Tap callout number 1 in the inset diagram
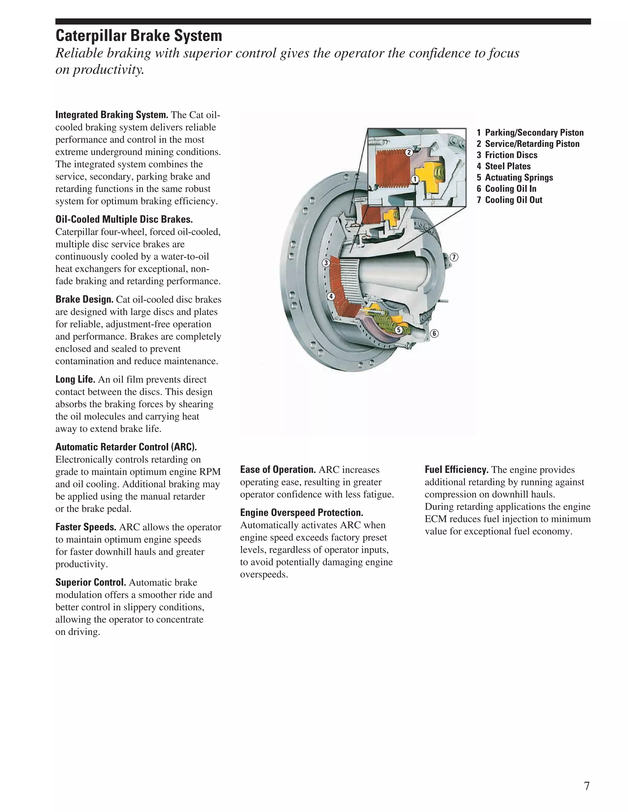[415, 180]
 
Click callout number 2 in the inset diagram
[409, 152]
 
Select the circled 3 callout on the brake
[326, 263]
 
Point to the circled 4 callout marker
[331, 296]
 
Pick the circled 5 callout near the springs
[398, 330]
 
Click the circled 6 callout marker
[434, 333]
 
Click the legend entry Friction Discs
[511, 155]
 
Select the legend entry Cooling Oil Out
[513, 200]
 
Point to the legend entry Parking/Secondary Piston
[534, 133]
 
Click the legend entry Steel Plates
[507, 166]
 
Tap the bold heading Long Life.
[75, 379]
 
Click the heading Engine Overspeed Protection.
[301, 513]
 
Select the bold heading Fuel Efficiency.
[457, 469]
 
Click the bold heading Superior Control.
[91, 582]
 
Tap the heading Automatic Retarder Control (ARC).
[126, 447]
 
